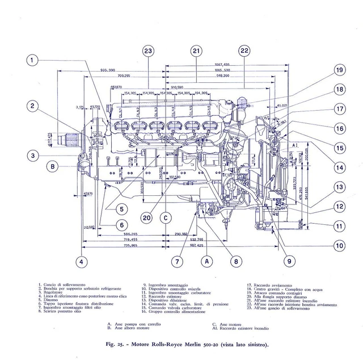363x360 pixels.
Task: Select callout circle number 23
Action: point(148,52)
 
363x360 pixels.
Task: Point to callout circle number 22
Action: point(244,52)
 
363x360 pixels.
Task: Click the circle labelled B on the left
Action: point(52,166)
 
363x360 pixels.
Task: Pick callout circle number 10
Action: point(339,246)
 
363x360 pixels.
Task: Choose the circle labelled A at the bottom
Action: point(208,262)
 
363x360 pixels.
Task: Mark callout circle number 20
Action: point(147,217)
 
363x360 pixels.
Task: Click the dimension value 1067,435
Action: point(222,65)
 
